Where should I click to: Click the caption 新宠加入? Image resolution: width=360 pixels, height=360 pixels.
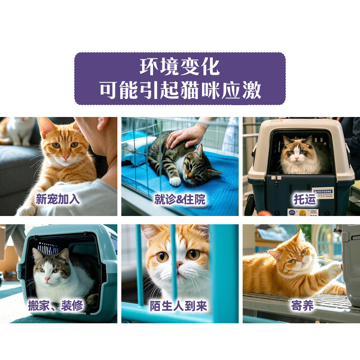tap(58, 199)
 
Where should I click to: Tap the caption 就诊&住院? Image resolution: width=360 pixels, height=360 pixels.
tap(180, 199)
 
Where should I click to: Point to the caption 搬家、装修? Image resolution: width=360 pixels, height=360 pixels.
tap(56, 306)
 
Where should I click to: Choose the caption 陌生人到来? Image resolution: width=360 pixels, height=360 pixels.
tap(179, 306)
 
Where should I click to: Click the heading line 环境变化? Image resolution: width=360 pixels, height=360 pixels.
tap(180, 67)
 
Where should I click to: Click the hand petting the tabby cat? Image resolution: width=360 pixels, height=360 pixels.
tap(185, 135)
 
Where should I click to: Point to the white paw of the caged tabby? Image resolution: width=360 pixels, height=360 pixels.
tap(176, 181)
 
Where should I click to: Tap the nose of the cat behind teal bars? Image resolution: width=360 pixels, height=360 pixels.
tap(179, 265)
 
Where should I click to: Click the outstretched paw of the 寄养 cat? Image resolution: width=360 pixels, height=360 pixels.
tap(333, 268)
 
